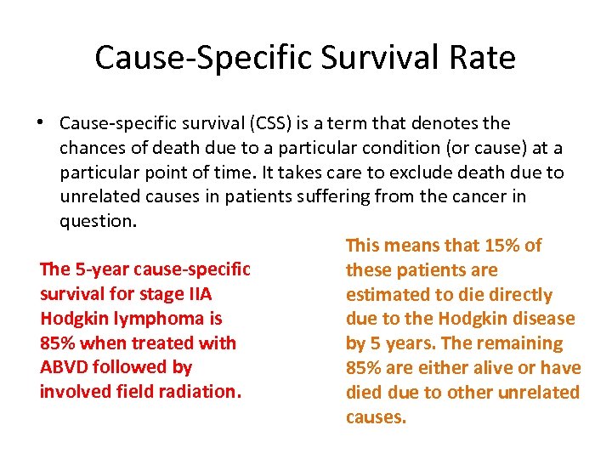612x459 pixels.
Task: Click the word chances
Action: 91,149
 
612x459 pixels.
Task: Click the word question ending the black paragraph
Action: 97,221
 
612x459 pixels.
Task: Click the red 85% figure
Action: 56,343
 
